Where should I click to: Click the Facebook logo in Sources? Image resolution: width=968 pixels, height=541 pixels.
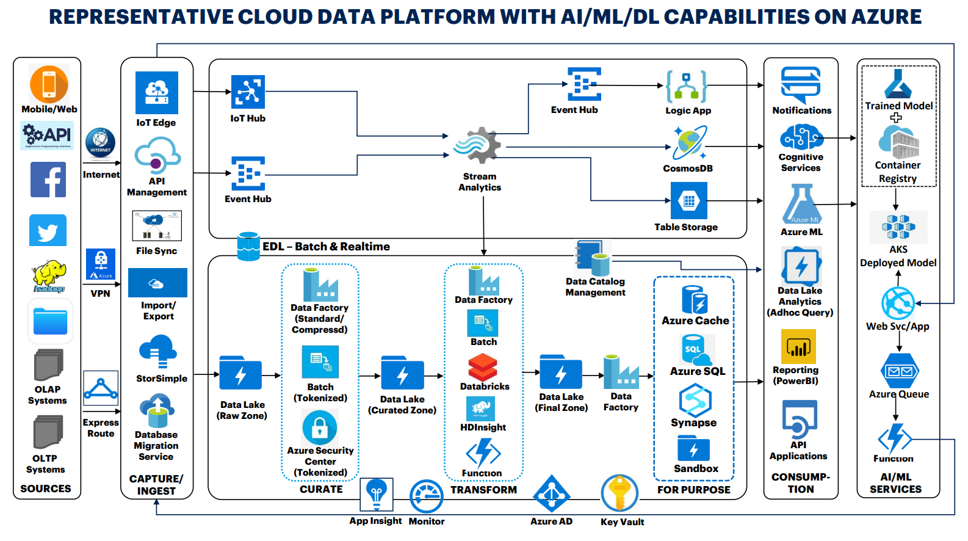(48, 180)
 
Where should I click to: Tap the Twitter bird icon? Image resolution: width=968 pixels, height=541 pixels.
(48, 231)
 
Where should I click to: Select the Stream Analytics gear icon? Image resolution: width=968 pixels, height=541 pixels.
(478, 147)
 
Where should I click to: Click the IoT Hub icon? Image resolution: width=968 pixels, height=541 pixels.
(248, 92)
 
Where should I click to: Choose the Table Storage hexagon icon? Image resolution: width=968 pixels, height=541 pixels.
(688, 201)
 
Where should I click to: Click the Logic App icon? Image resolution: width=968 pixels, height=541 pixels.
(687, 86)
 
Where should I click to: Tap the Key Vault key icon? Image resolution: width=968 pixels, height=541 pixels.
(619, 493)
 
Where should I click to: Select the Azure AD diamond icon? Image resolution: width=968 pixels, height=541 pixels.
(551, 495)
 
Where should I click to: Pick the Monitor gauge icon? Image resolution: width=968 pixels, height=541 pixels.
(426, 496)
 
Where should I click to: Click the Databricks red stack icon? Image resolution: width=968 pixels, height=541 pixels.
(483, 368)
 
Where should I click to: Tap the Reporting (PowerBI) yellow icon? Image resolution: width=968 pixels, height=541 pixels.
(798, 347)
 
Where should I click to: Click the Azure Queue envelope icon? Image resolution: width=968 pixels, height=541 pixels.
(900, 371)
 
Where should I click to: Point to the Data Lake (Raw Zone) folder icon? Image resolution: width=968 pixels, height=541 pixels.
(240, 374)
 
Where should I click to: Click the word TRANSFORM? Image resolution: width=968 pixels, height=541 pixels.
(483, 490)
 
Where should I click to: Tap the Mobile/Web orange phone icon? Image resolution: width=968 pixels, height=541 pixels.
(49, 84)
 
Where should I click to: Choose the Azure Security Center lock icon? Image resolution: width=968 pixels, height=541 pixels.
(320, 428)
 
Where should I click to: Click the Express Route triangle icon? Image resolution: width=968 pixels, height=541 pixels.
(101, 389)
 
